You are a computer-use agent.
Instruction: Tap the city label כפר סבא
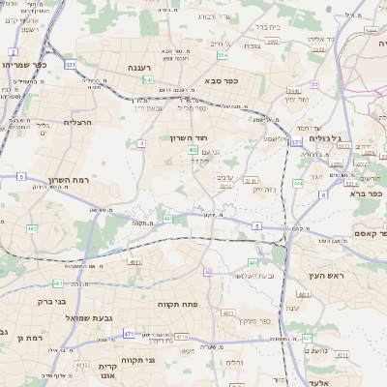(222, 81)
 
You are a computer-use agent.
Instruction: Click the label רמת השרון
(69, 180)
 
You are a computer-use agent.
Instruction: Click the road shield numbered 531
(71, 65)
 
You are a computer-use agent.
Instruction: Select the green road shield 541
(148, 79)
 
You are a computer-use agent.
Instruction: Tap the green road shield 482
(32, 229)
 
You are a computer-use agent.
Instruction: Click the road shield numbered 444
(298, 183)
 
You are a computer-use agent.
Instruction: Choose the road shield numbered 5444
(372, 31)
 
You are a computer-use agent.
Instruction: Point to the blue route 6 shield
(322, 194)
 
